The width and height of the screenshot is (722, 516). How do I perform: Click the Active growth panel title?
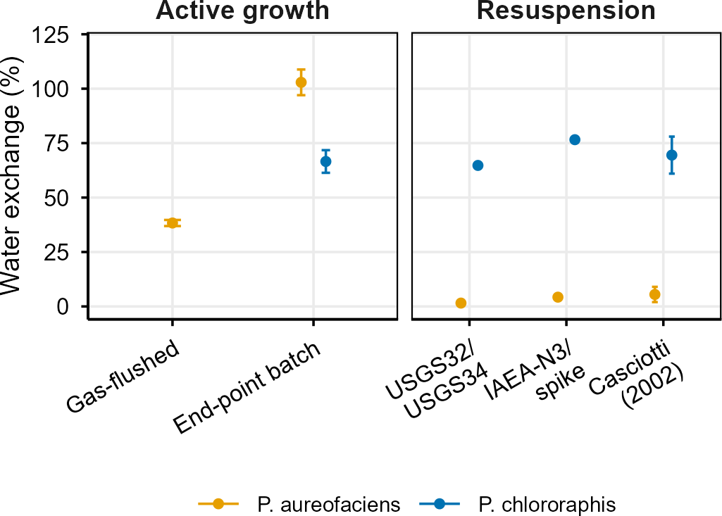pyautogui.click(x=242, y=10)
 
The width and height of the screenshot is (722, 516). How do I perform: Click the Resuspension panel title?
pyautogui.click(x=566, y=10)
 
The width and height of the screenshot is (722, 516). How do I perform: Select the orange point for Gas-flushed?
pyautogui.click(x=172, y=222)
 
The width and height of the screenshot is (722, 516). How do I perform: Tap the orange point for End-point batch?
pyautogui.click(x=301, y=82)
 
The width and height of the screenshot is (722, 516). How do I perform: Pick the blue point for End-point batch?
pyautogui.click(x=325, y=162)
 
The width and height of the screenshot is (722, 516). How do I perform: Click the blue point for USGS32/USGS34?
pyautogui.click(x=478, y=165)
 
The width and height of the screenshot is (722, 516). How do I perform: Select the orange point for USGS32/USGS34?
pyautogui.click(x=461, y=303)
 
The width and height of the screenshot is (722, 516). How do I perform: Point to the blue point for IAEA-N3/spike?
pyautogui.click(x=575, y=139)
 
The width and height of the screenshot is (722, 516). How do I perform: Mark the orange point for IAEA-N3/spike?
pyautogui.click(x=558, y=297)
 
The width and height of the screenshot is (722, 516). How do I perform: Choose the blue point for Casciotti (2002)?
pyautogui.click(x=672, y=155)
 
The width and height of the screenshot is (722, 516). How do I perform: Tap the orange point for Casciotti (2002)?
pyautogui.click(x=655, y=294)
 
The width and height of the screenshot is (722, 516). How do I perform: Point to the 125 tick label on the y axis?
pyautogui.click(x=51, y=34)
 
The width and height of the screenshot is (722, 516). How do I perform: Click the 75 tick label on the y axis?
pyautogui.click(x=56, y=144)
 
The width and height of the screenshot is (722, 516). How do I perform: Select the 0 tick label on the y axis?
pyautogui.click(x=63, y=306)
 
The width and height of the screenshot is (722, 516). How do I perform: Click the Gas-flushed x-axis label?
pyautogui.click(x=123, y=377)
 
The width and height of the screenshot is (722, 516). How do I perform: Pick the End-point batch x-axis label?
pyautogui.click(x=247, y=388)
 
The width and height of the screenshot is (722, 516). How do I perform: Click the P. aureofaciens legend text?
pyautogui.click(x=329, y=505)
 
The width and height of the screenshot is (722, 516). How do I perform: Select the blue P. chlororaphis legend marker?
pyautogui.click(x=440, y=504)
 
